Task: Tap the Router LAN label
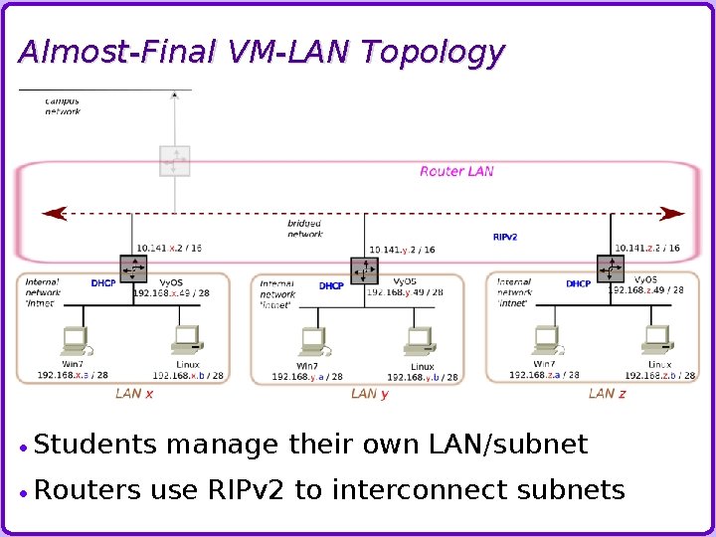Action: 456,171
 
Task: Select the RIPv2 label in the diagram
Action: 505,238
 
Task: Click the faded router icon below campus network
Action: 175,160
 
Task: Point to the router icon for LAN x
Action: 133,268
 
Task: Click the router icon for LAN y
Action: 365,269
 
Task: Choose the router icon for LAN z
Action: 611,268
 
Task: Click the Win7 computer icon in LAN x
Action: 75,340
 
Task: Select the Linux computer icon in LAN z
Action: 656,340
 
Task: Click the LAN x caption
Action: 134,394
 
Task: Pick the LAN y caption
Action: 370,394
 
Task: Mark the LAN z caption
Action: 607,394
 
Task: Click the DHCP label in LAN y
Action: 331,285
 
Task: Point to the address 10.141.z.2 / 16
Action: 647,249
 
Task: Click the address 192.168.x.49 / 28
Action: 170,293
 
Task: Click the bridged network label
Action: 305,229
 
